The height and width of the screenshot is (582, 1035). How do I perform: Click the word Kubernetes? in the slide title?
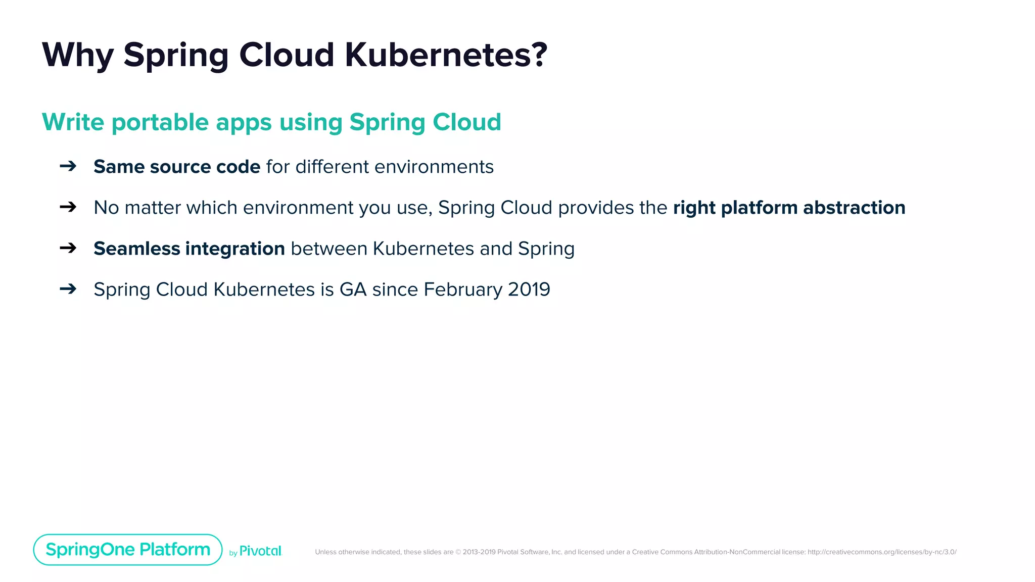pyautogui.click(x=446, y=55)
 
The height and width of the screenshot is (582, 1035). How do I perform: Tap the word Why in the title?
pyautogui.click(x=77, y=55)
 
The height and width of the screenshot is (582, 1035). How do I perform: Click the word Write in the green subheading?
pyautogui.click(x=73, y=122)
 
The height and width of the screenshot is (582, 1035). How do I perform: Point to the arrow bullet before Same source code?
pyautogui.click(x=68, y=166)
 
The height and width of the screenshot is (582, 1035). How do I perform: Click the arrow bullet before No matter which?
pyautogui.click(x=68, y=207)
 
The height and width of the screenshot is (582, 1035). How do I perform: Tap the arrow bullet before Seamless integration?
pyautogui.click(x=68, y=248)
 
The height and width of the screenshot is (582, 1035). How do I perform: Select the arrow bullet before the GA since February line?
pyautogui.click(x=68, y=288)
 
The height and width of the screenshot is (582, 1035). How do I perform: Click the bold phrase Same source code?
pyautogui.click(x=177, y=167)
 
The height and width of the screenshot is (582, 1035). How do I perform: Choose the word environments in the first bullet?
pyautogui.click(x=434, y=167)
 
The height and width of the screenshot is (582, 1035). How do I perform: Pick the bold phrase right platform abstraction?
pyautogui.click(x=789, y=208)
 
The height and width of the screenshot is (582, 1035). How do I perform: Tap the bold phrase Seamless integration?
pyautogui.click(x=189, y=249)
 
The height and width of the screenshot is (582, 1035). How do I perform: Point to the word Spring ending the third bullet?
pyautogui.click(x=546, y=249)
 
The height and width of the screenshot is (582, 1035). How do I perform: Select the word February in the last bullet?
pyautogui.click(x=462, y=289)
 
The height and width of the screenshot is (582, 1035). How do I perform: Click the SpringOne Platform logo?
pyautogui.click(x=128, y=550)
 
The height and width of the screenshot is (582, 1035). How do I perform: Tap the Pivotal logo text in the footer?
pyautogui.click(x=260, y=551)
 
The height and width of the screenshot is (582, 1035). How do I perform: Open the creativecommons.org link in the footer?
pyautogui.click(x=882, y=552)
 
